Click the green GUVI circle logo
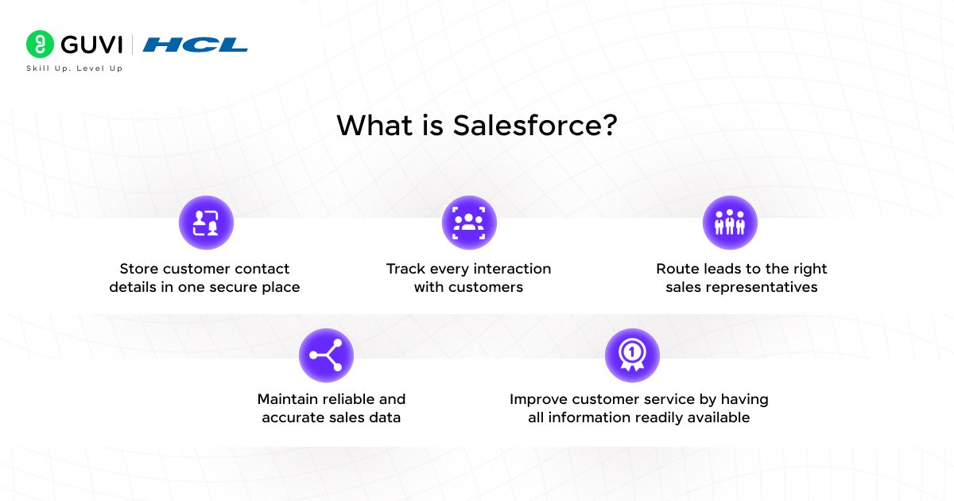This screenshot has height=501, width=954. (x=40, y=44)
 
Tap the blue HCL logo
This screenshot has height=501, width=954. (x=195, y=45)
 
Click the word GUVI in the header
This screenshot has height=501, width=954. (x=91, y=45)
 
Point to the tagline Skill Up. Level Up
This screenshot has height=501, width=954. (x=75, y=68)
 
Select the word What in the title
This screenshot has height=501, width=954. (x=374, y=126)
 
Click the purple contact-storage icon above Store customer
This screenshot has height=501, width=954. (x=206, y=223)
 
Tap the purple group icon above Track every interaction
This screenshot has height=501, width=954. (x=469, y=223)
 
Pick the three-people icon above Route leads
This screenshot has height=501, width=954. (x=730, y=223)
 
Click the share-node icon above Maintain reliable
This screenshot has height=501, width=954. (x=326, y=355)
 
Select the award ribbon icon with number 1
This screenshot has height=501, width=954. (x=633, y=355)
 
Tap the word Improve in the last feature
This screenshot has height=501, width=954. (x=538, y=399)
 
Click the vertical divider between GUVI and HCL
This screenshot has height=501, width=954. (x=133, y=45)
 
